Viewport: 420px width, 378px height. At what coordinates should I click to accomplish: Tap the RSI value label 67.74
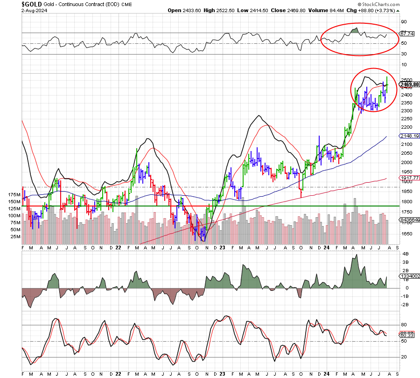407,34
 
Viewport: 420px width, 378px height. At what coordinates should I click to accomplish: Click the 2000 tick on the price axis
406,163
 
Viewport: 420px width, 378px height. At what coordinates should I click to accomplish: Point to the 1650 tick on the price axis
406,234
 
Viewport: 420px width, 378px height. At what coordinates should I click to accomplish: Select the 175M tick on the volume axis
14,194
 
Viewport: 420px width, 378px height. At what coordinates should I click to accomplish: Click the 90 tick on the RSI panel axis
404,21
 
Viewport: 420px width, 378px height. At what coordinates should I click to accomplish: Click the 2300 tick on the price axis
406,111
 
